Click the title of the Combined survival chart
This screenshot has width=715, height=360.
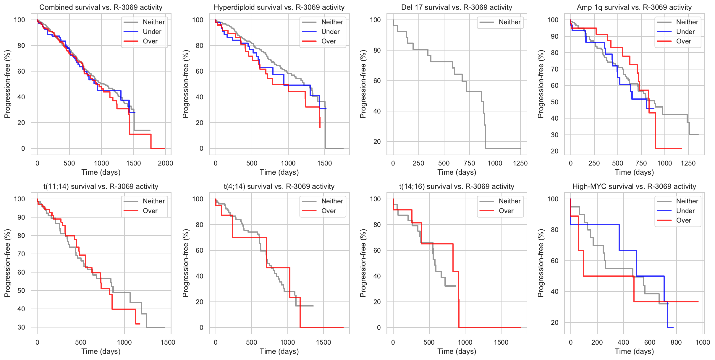pos(101,7)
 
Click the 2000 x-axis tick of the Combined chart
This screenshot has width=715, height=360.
pos(165,163)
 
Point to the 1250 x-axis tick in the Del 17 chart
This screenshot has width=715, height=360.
pos(520,163)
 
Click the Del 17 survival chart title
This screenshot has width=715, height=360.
pos(457,7)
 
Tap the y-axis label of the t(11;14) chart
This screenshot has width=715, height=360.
pos(7,263)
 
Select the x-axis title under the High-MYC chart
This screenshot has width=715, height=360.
pos(634,351)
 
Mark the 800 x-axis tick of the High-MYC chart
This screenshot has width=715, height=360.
pos(676,342)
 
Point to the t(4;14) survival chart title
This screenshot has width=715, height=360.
pos(279,187)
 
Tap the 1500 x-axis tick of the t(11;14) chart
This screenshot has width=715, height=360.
pos(168,342)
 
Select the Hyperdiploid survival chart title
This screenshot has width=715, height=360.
pos(279,7)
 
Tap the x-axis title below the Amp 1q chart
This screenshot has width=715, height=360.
pos(634,172)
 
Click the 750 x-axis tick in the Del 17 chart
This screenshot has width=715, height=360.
pos(469,163)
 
